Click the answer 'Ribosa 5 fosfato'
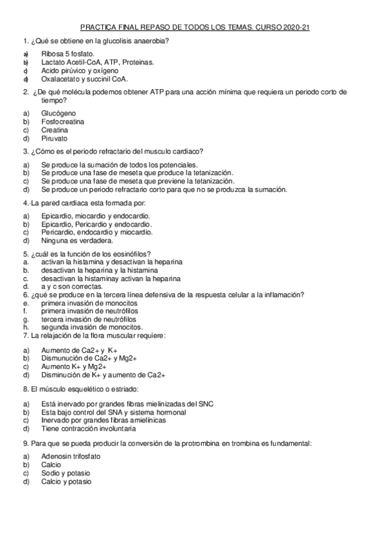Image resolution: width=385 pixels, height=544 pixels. click(67, 55)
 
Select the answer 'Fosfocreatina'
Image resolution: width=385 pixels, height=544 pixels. click(63, 121)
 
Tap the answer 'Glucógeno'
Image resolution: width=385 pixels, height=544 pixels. click(58, 112)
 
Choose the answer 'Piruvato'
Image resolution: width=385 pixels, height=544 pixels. click(54, 138)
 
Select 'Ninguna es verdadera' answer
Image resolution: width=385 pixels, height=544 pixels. click(77, 241)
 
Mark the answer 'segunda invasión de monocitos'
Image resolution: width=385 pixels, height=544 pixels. click(87, 327)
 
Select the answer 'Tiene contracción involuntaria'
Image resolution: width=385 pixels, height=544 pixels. click(88, 428)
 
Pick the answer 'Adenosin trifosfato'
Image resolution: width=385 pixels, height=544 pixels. click(71, 456)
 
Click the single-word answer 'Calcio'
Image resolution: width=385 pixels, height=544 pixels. click(51, 464)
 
